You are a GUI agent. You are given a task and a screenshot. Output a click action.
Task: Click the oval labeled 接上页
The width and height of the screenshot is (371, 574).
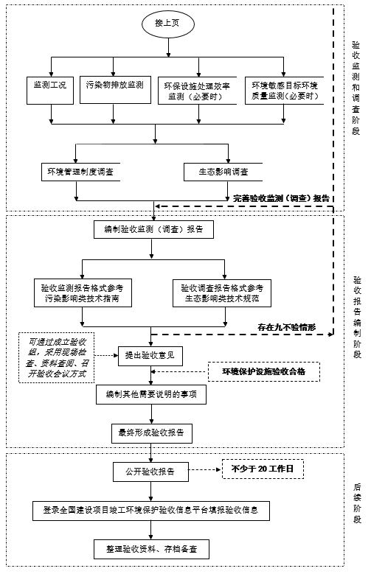click(168, 23)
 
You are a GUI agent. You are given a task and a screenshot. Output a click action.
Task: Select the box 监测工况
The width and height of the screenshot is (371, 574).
click(50, 91)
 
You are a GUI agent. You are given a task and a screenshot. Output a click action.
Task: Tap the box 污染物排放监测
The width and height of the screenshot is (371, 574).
click(115, 90)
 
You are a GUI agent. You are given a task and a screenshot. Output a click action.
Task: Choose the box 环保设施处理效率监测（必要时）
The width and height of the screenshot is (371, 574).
click(197, 91)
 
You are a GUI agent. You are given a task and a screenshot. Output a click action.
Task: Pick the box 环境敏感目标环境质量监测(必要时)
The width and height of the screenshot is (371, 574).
click(285, 91)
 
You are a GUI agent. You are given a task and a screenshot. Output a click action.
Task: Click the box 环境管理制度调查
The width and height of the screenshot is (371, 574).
click(80, 172)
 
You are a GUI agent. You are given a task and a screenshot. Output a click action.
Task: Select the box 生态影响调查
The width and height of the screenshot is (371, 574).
click(223, 172)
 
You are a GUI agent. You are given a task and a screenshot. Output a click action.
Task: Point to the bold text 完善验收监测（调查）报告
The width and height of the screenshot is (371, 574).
click(282, 198)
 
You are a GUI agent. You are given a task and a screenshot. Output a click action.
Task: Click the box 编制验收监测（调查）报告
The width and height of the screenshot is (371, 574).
click(153, 230)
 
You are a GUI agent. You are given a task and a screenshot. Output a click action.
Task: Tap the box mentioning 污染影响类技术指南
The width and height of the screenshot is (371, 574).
click(83, 293)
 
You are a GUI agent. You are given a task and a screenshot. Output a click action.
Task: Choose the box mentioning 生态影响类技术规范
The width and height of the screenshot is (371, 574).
click(222, 293)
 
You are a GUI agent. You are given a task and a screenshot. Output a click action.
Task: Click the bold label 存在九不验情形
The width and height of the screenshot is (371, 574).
click(287, 327)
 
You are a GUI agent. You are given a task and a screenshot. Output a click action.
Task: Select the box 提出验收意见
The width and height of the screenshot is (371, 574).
click(150, 355)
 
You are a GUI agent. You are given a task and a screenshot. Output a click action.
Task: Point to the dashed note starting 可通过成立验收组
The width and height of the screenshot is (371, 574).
click(57, 357)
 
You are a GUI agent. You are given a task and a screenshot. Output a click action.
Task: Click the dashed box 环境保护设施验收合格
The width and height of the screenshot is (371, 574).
click(264, 371)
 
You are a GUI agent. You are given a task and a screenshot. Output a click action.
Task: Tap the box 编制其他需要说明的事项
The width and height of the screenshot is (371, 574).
click(151, 394)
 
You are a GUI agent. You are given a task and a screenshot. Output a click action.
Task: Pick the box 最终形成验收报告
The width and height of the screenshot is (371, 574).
click(152, 433)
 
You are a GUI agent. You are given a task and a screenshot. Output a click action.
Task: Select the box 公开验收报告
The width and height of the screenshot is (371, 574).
click(150, 472)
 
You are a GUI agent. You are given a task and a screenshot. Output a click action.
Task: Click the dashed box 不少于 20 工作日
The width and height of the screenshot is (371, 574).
click(263, 469)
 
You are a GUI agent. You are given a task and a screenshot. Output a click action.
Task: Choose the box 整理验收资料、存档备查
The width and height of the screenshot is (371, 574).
click(151, 549)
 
